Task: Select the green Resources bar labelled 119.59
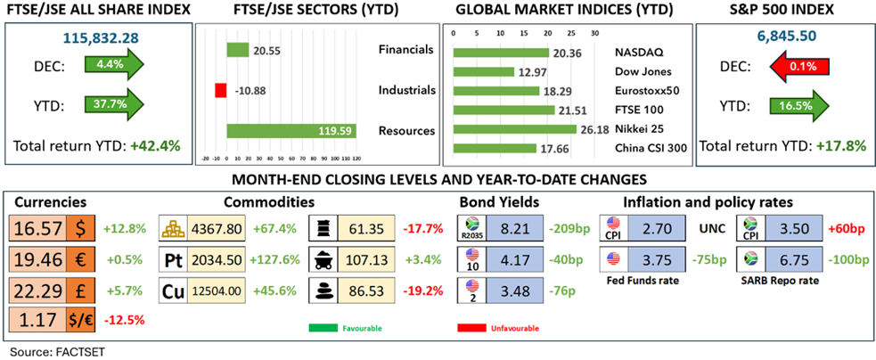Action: coord(291,130)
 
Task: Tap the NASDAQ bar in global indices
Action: coord(501,53)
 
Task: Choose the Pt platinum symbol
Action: coord(172,259)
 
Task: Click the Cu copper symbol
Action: coord(172,291)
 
